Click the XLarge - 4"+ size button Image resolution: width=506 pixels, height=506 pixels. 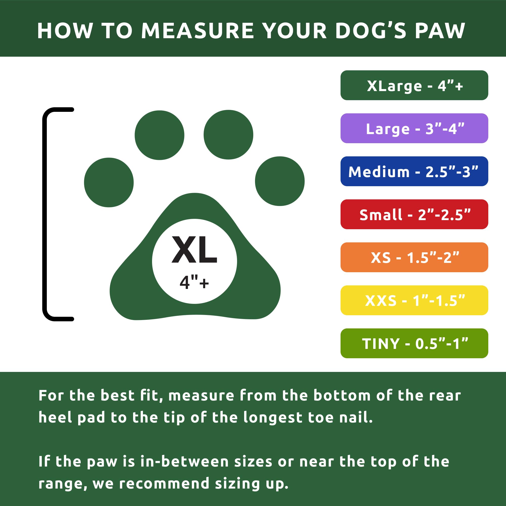click(x=414, y=85)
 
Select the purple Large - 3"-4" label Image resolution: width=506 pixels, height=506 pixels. click(x=414, y=128)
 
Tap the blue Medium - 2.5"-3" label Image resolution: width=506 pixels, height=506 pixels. click(x=414, y=171)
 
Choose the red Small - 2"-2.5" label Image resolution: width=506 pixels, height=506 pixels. click(x=414, y=214)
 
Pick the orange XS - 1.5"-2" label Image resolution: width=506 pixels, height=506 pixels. click(x=414, y=257)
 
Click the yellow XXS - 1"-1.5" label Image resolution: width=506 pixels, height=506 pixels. click(x=414, y=300)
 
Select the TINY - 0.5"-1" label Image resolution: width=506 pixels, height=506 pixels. click(x=414, y=343)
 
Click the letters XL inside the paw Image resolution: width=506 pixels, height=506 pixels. click(x=194, y=249)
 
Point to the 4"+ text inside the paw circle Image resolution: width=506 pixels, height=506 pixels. click(x=194, y=283)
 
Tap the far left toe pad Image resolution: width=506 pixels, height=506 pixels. click(x=109, y=182)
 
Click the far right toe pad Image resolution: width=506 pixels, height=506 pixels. click(x=280, y=181)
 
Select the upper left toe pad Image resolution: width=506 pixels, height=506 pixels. click(x=159, y=135)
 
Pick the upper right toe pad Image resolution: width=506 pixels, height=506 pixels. click(x=228, y=135)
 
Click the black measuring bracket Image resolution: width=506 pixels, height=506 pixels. click(x=45, y=214)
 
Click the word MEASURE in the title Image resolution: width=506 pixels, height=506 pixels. click(x=198, y=31)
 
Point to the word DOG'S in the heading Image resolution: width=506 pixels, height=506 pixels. click(x=371, y=31)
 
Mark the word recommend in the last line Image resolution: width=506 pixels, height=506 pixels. click(x=164, y=483)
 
